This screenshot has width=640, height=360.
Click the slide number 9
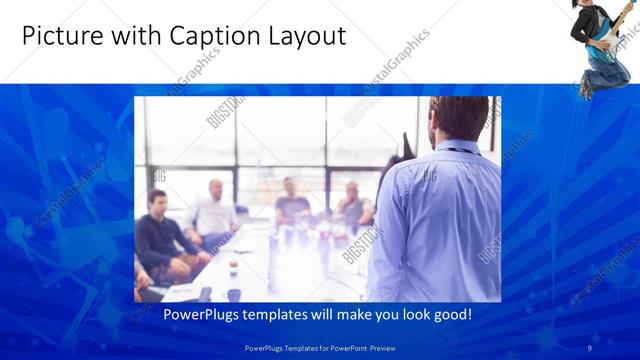click(589, 347)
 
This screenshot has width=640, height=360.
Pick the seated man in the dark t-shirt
click(292, 204)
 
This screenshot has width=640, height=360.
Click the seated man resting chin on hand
click(352, 205)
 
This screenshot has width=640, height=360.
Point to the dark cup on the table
click(234, 294)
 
